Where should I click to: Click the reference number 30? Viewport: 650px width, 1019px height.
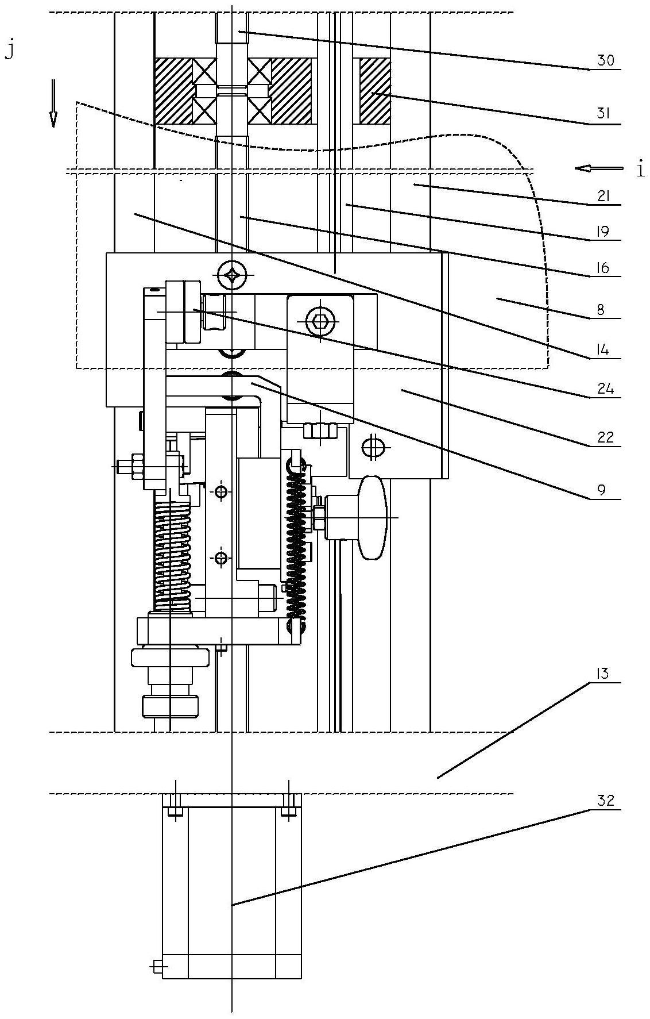605,60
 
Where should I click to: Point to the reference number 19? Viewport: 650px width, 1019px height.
603,232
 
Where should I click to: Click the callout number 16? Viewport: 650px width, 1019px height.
603,267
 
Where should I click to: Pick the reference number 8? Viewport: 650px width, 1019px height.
601,310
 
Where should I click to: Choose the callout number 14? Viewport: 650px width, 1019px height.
603,349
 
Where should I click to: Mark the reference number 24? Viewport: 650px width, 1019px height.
605,389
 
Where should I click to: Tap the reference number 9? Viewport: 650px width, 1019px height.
601,489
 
